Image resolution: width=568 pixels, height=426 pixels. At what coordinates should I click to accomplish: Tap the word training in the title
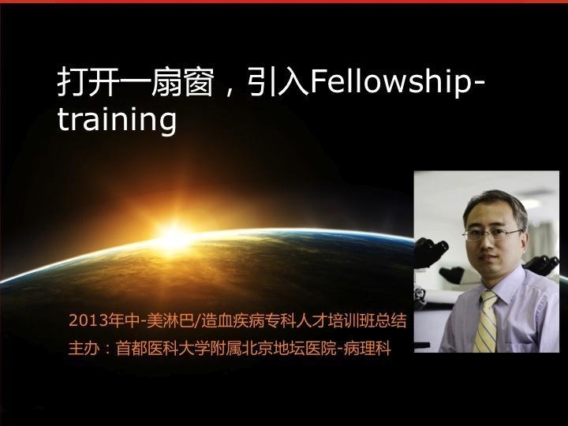(x=117, y=120)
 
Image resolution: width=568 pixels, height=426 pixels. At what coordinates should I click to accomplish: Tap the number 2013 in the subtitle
(x=84, y=321)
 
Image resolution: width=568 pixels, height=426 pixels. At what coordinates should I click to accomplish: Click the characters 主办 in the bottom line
(x=84, y=349)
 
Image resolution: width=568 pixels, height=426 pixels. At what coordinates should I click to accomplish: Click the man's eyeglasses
(x=492, y=234)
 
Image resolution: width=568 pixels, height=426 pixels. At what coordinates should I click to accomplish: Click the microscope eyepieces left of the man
(x=431, y=251)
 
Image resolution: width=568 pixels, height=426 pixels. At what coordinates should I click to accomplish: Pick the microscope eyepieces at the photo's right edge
(x=542, y=265)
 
